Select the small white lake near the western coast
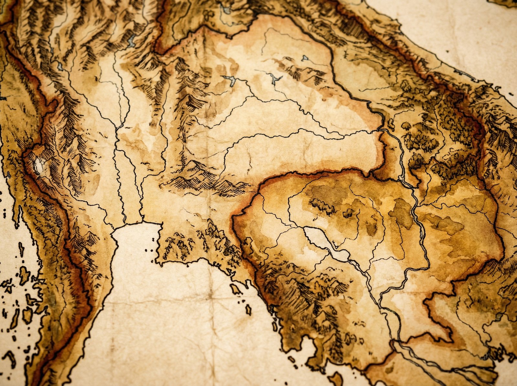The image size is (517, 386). [x=39, y=165]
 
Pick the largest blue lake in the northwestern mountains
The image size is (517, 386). [x=132, y=41]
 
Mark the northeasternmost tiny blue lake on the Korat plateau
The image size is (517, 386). [x=305, y=58]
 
